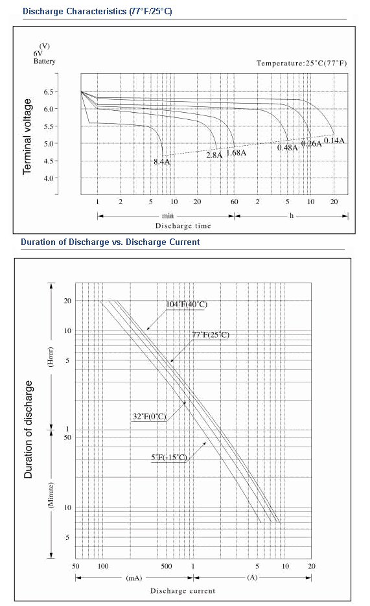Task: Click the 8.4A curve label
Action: (x=162, y=162)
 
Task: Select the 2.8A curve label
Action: (x=214, y=156)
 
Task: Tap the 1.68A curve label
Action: (x=237, y=153)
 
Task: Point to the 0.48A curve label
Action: (x=288, y=148)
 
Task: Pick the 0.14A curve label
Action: (x=334, y=141)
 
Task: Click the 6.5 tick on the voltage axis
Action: (x=49, y=92)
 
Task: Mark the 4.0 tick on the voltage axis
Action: (x=49, y=178)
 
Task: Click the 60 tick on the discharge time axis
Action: (x=235, y=202)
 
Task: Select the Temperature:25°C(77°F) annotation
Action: (x=302, y=64)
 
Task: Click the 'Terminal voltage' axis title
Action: (x=27, y=136)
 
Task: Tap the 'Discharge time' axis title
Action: (x=183, y=226)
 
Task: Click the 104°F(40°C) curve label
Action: (x=187, y=305)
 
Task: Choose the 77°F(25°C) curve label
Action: (x=211, y=334)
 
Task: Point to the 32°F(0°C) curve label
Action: (x=150, y=417)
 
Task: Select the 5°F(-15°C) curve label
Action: (x=169, y=458)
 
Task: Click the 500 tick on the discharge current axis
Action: (x=167, y=566)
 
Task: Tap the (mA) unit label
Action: (x=134, y=578)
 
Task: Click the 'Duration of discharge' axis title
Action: (x=29, y=429)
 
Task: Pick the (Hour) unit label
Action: (x=51, y=356)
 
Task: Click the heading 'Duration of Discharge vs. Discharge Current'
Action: (x=110, y=242)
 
